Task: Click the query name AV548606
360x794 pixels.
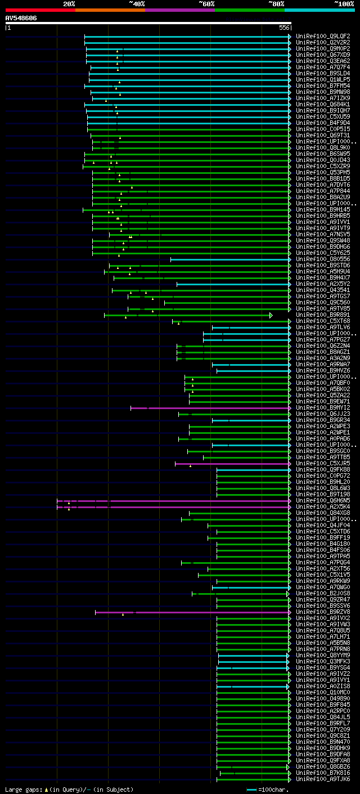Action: tap(21, 18)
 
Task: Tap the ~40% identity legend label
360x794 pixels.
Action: tap(137, 3)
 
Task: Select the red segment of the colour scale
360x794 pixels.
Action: tap(40, 10)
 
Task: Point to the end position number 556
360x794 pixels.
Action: tap(284, 28)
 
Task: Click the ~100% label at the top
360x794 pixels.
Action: tap(344, 3)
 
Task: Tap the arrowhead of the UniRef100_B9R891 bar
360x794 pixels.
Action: tap(271, 315)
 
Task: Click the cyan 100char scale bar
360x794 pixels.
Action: tap(251, 789)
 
